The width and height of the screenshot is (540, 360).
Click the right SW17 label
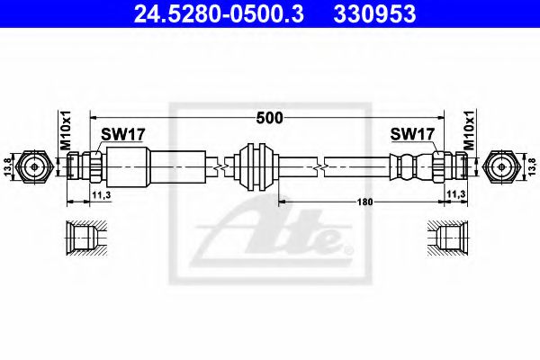pos(414,134)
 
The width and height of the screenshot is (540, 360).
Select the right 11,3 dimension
pos(457,192)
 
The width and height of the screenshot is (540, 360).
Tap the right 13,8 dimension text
pos(531,166)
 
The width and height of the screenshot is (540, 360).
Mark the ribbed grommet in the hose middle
pos(251,166)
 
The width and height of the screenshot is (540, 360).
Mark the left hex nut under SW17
pos(94,166)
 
